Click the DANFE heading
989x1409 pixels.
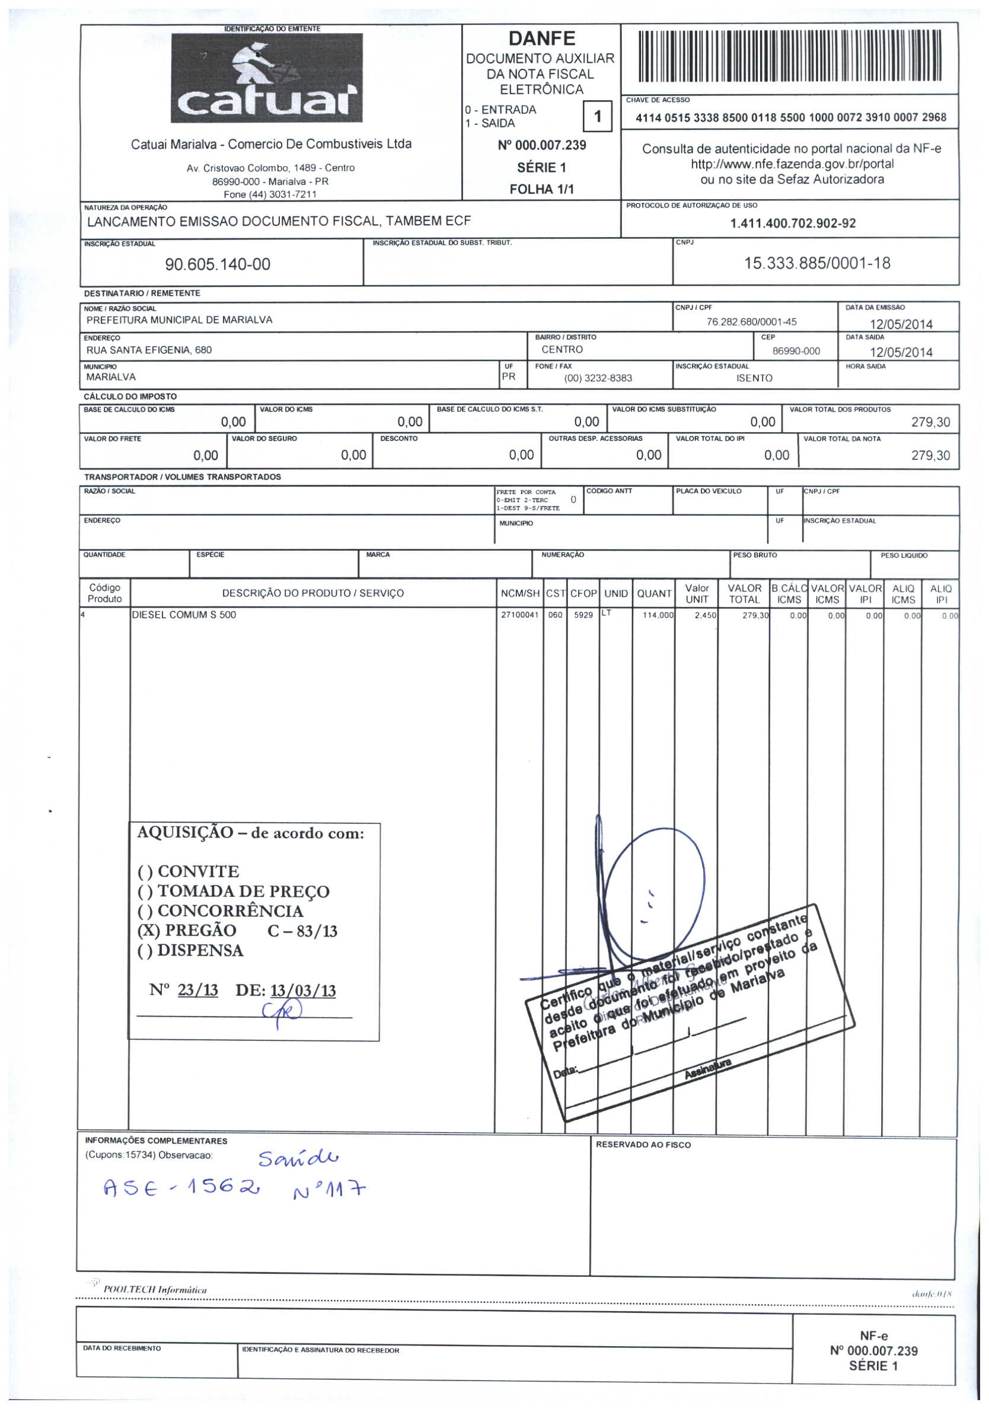coord(541,39)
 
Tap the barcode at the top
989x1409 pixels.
coord(790,57)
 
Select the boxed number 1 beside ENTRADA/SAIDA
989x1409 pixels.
coord(598,116)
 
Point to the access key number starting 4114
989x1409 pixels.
coord(790,117)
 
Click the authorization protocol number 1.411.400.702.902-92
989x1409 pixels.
coord(792,223)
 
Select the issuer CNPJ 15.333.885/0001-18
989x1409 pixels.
coord(816,263)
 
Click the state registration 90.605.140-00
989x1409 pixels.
coord(218,264)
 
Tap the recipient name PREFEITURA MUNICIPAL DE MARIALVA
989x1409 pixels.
coord(179,319)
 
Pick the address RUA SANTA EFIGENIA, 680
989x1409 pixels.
coord(149,350)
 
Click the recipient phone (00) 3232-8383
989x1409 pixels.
coord(597,378)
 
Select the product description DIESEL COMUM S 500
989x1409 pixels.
coord(184,615)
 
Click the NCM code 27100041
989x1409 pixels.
coord(519,615)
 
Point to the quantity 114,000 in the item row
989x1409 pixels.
coord(658,615)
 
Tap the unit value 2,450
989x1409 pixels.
coord(706,615)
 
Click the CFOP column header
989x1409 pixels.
coord(583,593)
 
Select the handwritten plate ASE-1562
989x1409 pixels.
coord(183,1190)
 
